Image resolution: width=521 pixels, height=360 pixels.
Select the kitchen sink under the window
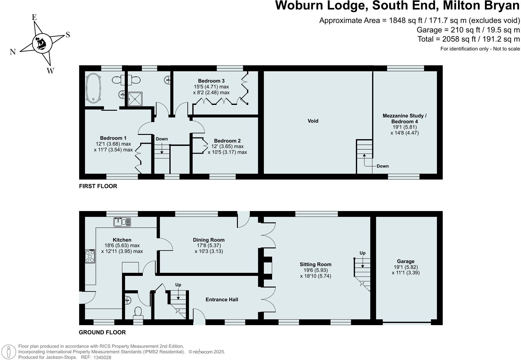click(x=122, y=222)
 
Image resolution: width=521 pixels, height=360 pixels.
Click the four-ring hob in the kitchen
click(x=90, y=256)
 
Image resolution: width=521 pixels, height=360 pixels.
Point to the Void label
click(x=313, y=121)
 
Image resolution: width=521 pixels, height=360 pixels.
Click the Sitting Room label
click(x=316, y=265)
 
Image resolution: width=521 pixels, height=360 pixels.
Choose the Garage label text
click(x=406, y=262)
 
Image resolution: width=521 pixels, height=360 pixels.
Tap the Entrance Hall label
click(x=222, y=300)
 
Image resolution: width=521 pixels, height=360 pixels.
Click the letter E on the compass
click(x=34, y=17)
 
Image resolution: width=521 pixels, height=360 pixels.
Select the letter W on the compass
click(x=50, y=71)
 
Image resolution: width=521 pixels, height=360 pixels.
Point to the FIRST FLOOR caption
click(x=98, y=186)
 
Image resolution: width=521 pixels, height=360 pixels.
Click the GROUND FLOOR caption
click(x=102, y=332)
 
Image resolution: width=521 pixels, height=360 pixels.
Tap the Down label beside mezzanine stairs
click(x=382, y=166)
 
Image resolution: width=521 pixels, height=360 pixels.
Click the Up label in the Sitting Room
click(x=362, y=253)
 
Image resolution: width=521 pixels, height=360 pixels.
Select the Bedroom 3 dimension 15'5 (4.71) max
click(x=211, y=87)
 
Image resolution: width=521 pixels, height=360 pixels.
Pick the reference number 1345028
click(x=102, y=357)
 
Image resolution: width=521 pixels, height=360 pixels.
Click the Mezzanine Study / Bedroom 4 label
click(x=405, y=119)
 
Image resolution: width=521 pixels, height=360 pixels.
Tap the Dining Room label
click(x=209, y=240)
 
